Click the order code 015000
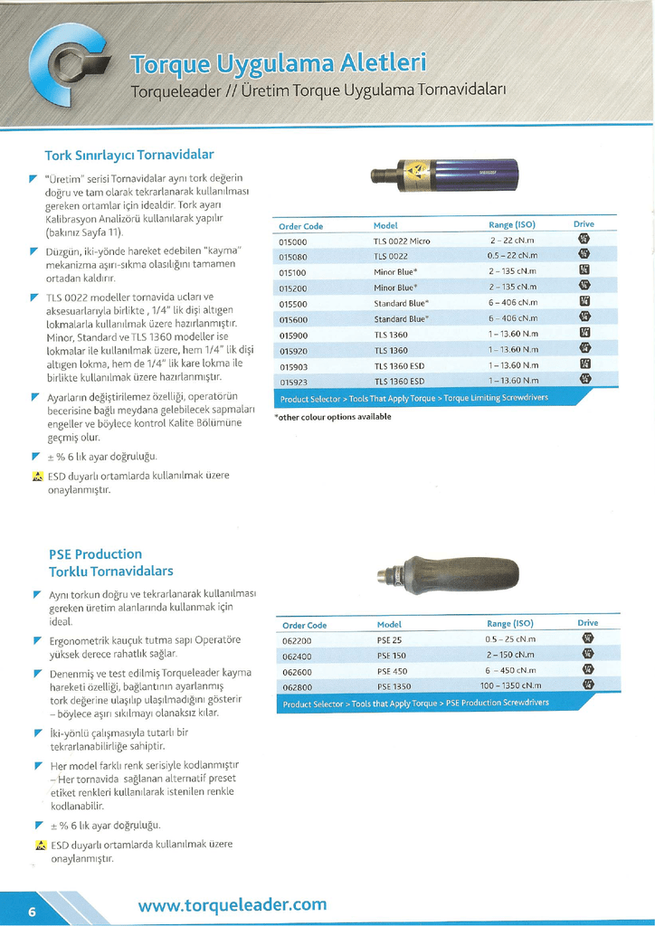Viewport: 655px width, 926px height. [293, 241]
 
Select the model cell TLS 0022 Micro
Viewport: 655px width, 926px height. [402, 241]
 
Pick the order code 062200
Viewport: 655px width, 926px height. [297, 640]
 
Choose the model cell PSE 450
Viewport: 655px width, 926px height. [392, 671]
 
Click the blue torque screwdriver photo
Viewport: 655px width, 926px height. [444, 175]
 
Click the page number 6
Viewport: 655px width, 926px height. [32, 911]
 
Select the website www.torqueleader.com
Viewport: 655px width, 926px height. [233, 904]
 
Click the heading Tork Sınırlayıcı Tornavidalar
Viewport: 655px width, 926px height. [129, 156]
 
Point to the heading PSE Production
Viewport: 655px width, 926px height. [95, 553]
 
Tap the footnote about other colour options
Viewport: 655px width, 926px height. [333, 417]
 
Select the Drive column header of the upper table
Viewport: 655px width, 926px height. [584, 223]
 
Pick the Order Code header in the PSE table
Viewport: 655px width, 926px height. [304, 625]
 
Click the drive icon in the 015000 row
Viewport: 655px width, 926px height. [584, 241]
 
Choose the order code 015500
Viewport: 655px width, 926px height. [293, 304]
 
